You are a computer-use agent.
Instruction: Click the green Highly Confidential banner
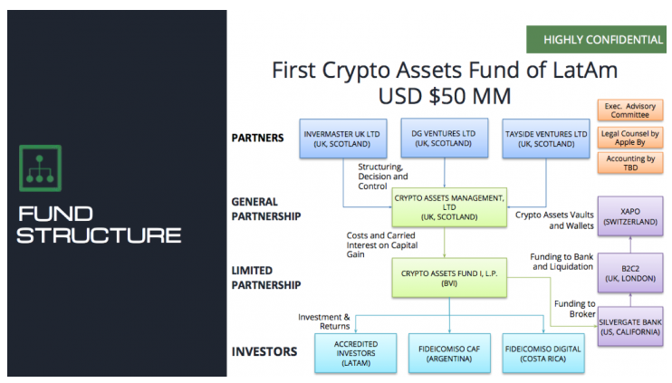coord(596,40)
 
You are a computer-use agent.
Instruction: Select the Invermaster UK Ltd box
coord(343,139)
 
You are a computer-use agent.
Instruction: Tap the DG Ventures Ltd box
coord(444,138)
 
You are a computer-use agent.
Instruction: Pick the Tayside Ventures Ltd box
coord(546,139)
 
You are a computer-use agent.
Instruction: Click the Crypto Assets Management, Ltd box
coord(449,207)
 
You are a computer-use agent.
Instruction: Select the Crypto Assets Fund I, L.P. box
coord(449,278)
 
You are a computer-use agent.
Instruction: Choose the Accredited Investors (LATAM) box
coord(356,353)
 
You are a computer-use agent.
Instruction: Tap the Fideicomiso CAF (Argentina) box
coord(449,353)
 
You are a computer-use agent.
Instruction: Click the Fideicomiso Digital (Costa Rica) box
coord(543,353)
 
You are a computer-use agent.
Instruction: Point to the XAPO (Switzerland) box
coord(630,216)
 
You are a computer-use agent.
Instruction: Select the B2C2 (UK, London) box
coord(630,273)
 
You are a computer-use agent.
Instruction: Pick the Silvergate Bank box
coord(630,327)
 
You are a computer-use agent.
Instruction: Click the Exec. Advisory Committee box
coord(630,110)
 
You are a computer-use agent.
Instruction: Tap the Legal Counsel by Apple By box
coord(630,138)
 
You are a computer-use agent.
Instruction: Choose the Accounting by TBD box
coord(630,163)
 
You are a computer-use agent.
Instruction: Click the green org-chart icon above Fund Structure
coord(40,168)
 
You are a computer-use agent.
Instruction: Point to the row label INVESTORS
coord(264,351)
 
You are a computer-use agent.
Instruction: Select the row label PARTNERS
coord(257,138)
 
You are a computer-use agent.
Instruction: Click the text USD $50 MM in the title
coord(445,96)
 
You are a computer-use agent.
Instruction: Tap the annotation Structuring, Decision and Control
coord(383,177)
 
